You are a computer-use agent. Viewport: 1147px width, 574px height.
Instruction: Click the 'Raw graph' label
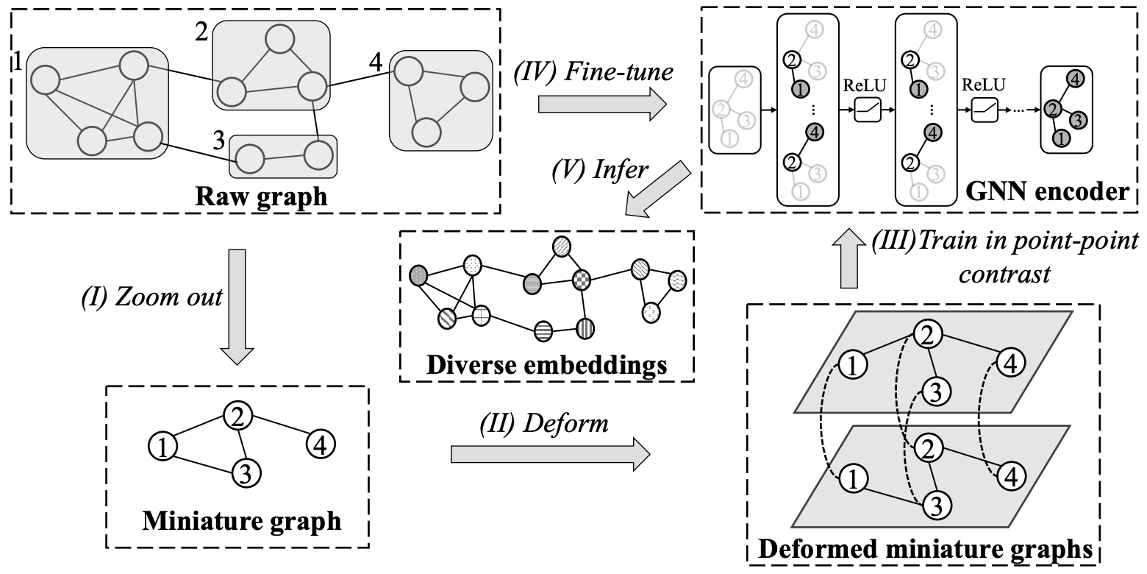[256, 197]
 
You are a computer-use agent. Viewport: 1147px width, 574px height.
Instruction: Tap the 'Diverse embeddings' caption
[546, 364]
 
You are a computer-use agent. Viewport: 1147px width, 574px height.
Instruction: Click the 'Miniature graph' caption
[241, 520]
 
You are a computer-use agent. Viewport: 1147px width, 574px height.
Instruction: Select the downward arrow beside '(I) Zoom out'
[237, 306]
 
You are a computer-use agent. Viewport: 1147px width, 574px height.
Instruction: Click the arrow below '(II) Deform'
[550, 453]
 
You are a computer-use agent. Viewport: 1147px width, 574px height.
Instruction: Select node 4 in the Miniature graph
[322, 444]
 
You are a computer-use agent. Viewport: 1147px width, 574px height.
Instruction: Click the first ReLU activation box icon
[868, 111]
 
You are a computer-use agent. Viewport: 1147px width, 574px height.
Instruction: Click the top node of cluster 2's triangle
[279, 40]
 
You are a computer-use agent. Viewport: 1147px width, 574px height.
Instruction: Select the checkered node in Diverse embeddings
[582, 279]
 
